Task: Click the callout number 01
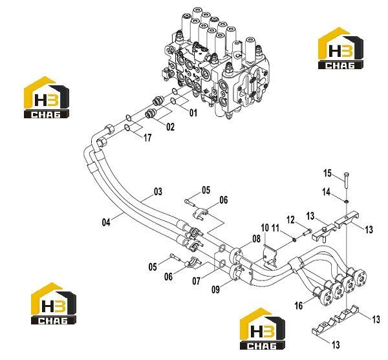point(193,112)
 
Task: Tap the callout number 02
point(170,127)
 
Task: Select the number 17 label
point(147,138)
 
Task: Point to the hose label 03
point(158,191)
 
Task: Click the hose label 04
point(106,222)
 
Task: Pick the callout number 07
point(196,281)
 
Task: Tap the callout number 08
point(256,238)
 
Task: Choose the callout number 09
point(215,290)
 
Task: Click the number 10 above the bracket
point(264,228)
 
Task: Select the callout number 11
point(275,228)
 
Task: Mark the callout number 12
point(291,220)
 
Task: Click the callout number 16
point(299,306)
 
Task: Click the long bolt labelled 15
point(346,180)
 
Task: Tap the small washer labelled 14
point(347,202)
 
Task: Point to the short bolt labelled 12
point(307,232)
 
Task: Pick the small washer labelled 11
point(294,239)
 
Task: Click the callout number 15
point(327,173)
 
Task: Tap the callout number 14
point(327,191)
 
